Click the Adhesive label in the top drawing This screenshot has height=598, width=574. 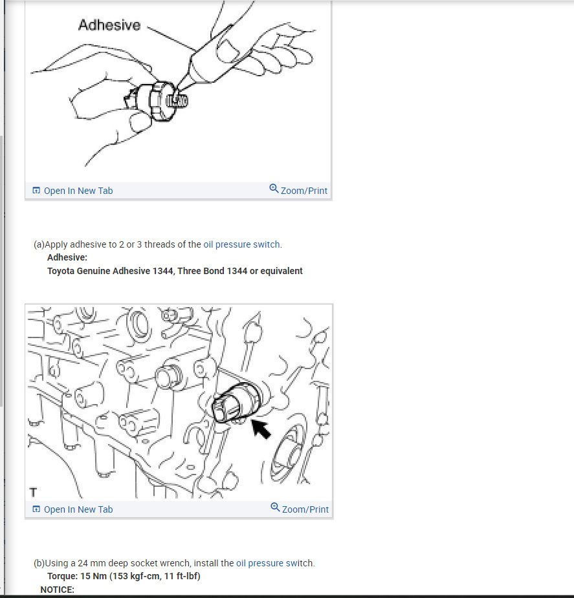click(x=109, y=25)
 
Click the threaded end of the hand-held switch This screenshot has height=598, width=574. click(x=178, y=102)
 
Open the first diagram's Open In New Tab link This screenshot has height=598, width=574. click(x=78, y=191)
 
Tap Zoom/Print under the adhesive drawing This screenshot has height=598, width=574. click(x=304, y=191)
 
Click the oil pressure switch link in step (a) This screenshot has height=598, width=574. click(x=242, y=244)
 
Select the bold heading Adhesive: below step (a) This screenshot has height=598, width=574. click(x=67, y=257)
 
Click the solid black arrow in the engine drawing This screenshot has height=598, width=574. click(x=261, y=429)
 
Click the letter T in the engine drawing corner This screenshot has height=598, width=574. click(x=33, y=492)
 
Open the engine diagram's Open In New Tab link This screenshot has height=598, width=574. click(x=78, y=509)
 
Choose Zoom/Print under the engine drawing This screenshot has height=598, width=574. click(x=305, y=509)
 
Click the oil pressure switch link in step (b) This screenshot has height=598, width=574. click(x=274, y=563)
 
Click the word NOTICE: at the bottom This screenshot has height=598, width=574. click(x=58, y=590)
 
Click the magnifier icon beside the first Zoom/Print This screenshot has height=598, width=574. click(x=274, y=189)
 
